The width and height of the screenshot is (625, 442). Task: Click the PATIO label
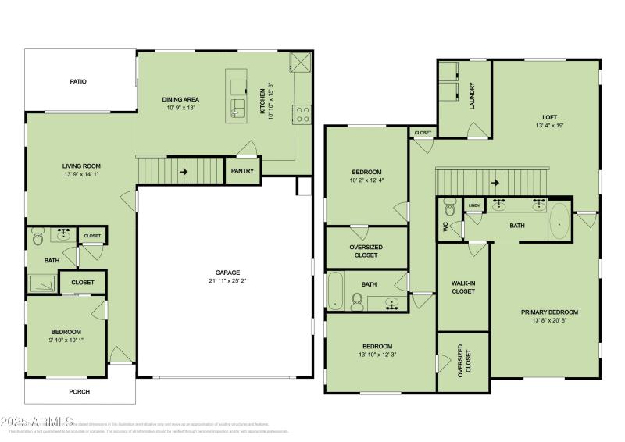point(77,81)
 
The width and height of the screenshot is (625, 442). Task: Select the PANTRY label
point(242,171)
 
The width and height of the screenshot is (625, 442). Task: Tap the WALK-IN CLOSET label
point(463,287)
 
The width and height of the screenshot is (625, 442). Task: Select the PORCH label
point(80,391)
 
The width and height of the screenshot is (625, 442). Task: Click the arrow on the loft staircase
point(495,184)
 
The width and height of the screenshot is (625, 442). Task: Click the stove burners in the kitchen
point(302,115)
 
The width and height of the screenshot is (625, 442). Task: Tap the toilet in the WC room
point(449,209)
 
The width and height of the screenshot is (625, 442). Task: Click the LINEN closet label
point(473,205)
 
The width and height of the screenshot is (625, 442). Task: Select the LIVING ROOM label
point(81,166)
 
